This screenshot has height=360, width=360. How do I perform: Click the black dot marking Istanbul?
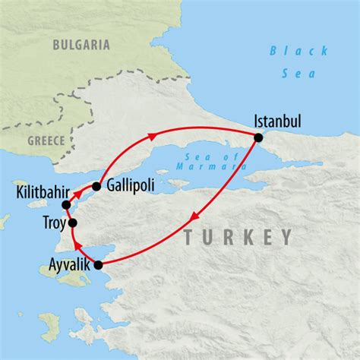pos(258,137)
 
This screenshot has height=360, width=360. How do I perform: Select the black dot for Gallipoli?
pos(96,186)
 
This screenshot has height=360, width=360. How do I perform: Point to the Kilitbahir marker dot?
pos(66,205)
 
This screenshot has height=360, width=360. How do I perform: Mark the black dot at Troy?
pos(73,223)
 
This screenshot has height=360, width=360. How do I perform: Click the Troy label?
pos(49,223)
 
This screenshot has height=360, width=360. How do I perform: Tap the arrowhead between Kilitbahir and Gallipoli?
pos(78,194)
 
